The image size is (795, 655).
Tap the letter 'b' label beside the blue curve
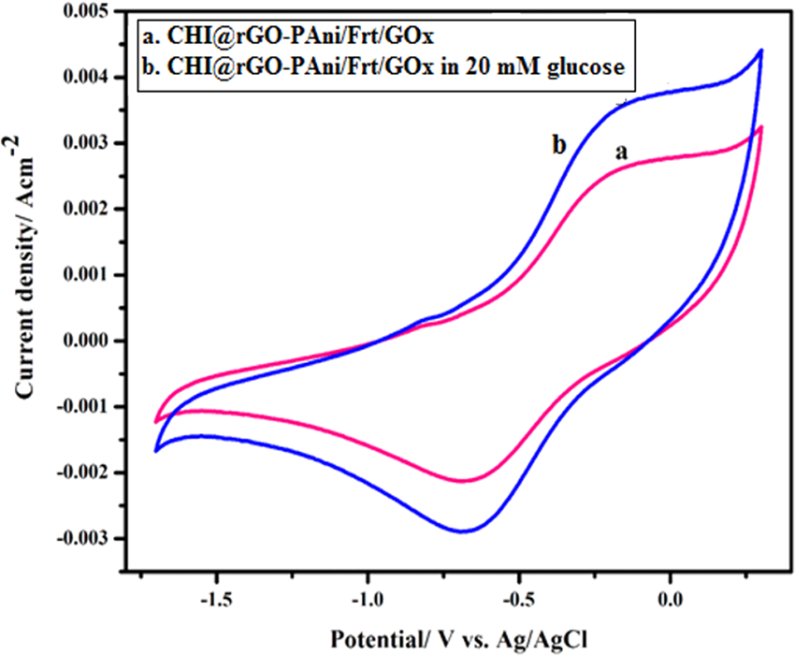click(559, 145)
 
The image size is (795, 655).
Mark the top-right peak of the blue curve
click(761, 50)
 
